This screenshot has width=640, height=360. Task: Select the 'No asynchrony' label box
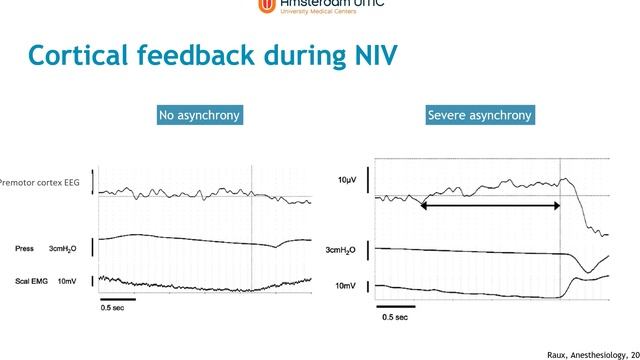click(200, 115)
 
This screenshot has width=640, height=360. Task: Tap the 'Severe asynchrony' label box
click(480, 115)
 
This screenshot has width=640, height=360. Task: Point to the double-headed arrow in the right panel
click(490, 205)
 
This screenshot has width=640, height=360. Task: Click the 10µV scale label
click(347, 180)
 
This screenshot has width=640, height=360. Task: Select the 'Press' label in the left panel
click(25, 247)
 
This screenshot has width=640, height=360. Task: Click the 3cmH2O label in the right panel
click(343, 250)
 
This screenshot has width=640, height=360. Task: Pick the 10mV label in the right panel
click(345, 286)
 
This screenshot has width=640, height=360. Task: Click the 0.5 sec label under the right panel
click(395, 317)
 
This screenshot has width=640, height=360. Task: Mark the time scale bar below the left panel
click(118, 299)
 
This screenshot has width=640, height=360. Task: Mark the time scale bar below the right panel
click(395, 306)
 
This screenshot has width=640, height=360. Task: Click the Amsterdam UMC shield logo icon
click(265, 6)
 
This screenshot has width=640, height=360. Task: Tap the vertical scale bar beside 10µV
click(368, 182)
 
